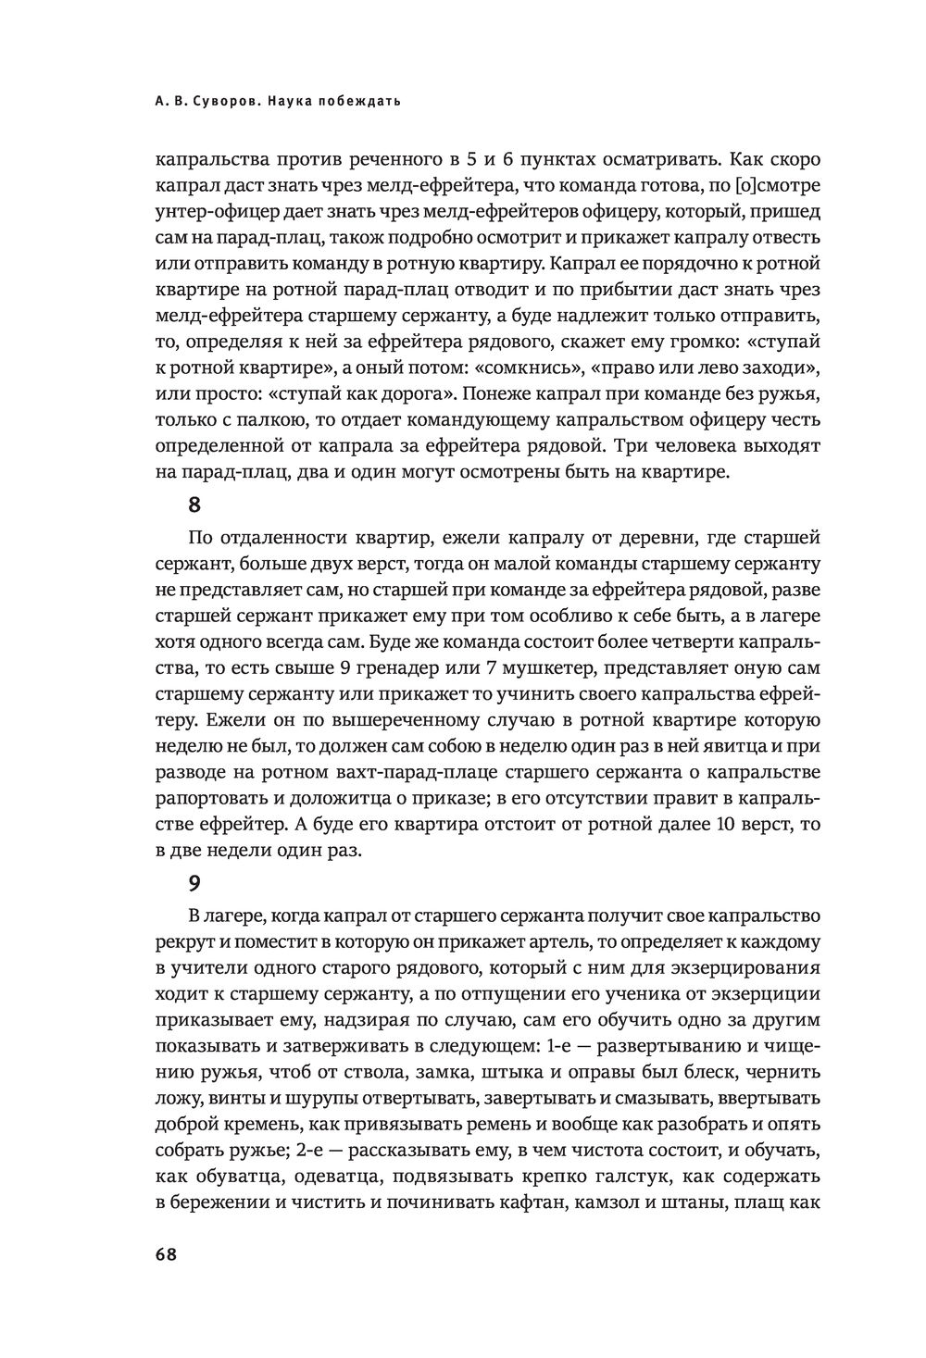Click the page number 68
click(167, 1253)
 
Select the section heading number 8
click(194, 505)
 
